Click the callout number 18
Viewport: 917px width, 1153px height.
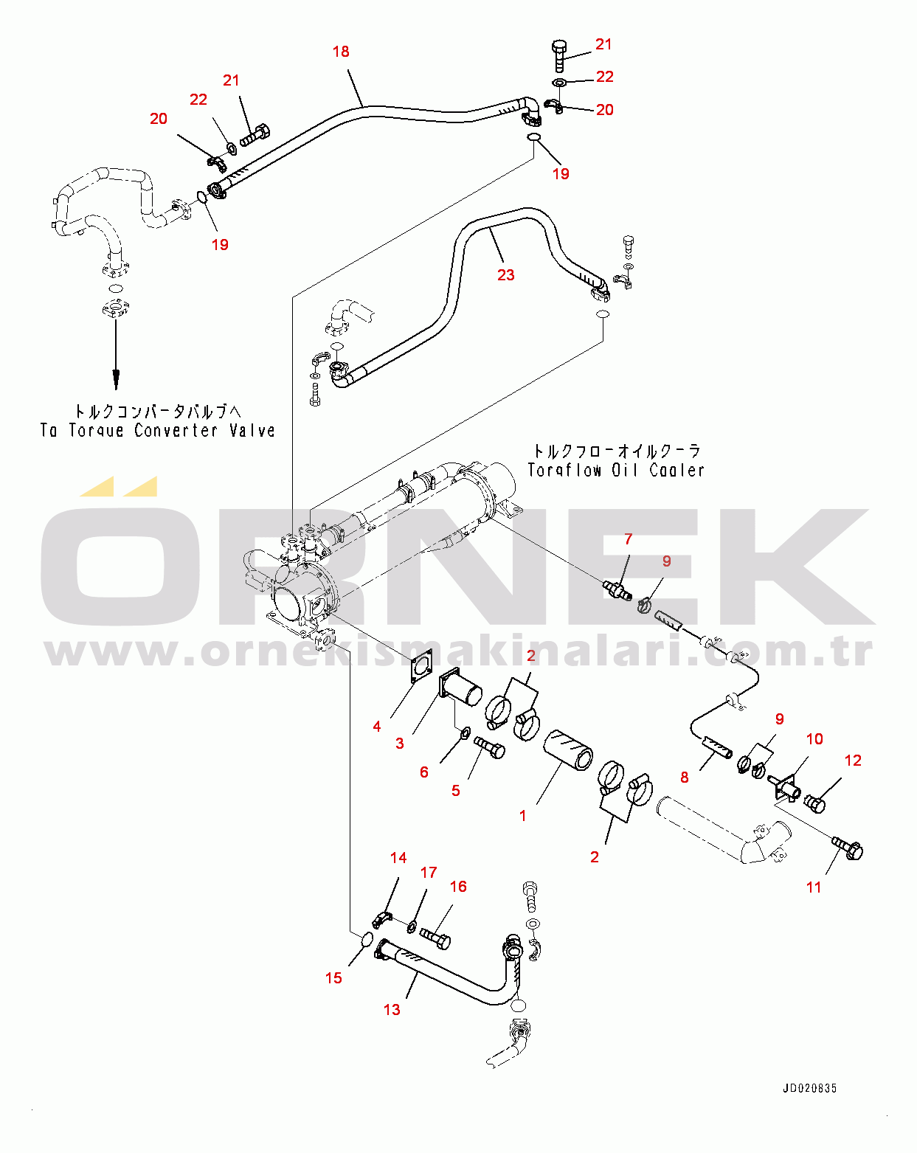[x=340, y=52]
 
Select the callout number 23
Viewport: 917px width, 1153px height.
[x=505, y=275]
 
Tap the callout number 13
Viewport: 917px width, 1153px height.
[x=392, y=1009]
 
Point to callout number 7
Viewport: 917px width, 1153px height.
[x=629, y=539]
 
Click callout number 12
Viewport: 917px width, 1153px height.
[x=853, y=761]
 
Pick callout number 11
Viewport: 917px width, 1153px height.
[x=814, y=887]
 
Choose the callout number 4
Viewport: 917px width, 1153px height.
[x=376, y=727]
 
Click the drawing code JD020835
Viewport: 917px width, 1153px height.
[x=809, y=1088]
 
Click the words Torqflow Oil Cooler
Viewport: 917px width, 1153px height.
[x=616, y=470]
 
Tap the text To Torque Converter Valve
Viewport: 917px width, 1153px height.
[x=157, y=431]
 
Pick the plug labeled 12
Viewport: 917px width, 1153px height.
[x=814, y=802]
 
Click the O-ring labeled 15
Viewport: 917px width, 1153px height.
[x=366, y=940]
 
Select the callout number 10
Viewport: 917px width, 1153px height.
[x=814, y=739]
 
